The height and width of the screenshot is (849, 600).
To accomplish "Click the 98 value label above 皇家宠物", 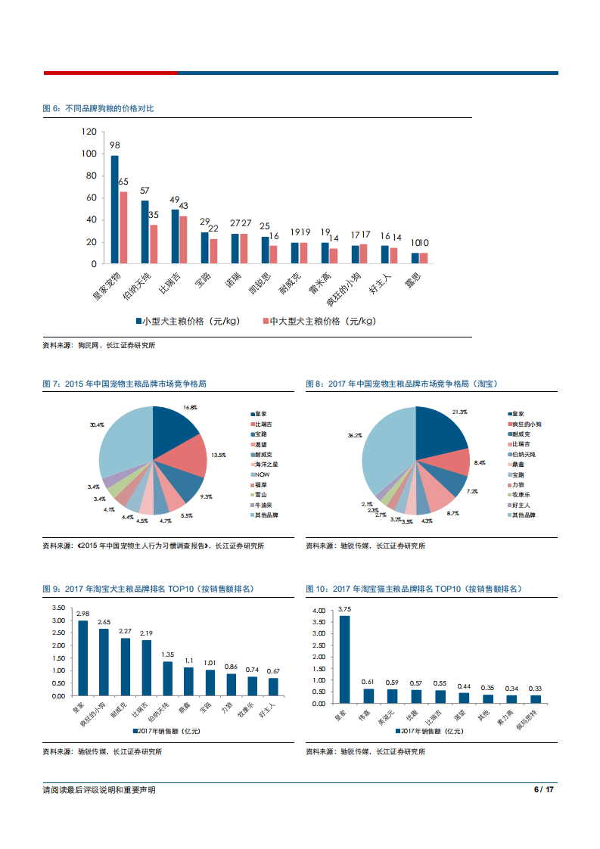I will [114, 145].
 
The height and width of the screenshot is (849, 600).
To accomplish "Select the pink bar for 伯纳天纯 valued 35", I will [154, 244].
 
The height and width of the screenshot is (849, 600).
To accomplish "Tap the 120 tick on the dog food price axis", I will [89, 132].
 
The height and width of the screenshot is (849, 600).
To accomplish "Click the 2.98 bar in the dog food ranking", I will [82, 658].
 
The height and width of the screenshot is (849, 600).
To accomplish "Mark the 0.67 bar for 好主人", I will [273, 687].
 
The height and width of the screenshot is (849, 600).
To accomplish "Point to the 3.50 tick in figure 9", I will [58, 608].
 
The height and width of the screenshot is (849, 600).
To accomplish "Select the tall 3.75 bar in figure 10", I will [345, 659].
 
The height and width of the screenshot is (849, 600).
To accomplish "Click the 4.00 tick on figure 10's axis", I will [318, 610].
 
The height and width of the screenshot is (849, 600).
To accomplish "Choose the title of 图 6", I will [98, 109].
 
